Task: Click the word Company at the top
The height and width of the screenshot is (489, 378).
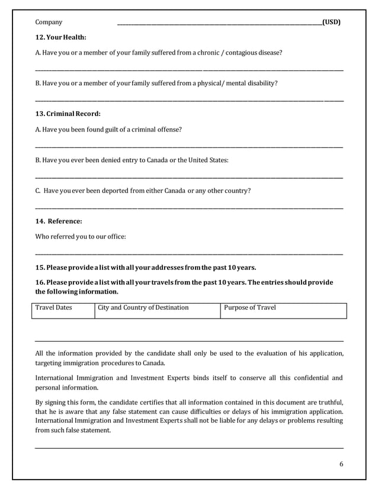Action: pos(49,22)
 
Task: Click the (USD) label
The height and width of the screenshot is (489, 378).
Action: pos(331,22)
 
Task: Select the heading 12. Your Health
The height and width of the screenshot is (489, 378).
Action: pos(60,38)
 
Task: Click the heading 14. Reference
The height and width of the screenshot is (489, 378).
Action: pos(59,221)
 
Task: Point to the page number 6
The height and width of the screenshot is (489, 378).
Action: pos(341,464)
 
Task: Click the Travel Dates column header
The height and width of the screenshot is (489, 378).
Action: pos(54,308)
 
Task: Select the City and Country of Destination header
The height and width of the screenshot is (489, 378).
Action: pos(143,308)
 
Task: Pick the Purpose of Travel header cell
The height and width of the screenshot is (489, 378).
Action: pos(249,308)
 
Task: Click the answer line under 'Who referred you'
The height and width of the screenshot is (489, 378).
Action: pos(189,254)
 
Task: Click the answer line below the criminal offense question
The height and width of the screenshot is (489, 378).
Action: pos(189,146)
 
